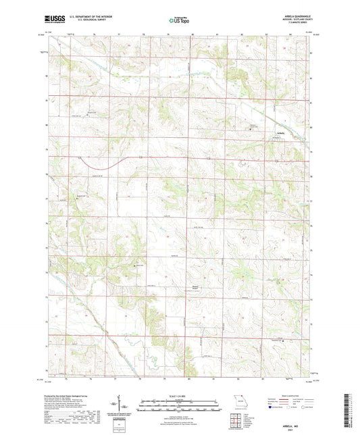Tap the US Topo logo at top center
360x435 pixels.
180,21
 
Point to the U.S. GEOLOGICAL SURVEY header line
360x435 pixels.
85,22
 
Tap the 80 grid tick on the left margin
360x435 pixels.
46,125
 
